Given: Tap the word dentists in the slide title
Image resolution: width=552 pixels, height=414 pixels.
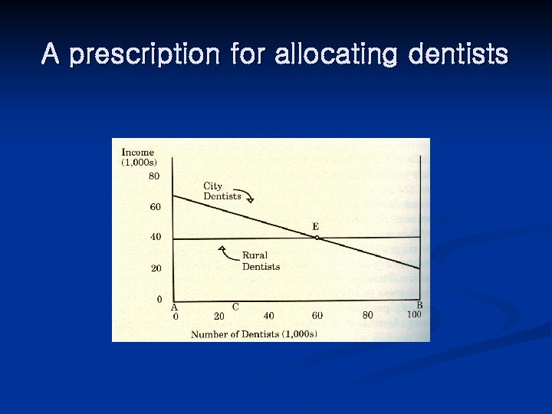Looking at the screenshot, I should tap(458, 54).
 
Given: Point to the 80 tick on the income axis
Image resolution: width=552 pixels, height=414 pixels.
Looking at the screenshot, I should tap(155, 176).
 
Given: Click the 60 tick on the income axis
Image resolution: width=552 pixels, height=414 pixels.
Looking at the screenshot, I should tap(155, 207).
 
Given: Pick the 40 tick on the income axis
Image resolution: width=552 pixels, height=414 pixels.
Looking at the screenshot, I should tap(155, 237).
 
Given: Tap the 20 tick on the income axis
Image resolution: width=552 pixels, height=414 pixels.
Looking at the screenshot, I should tap(155, 268).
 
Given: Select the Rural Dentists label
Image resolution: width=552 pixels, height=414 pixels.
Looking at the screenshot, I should tap(261, 261).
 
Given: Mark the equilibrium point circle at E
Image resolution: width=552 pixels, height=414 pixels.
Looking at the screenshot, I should tap(317, 238).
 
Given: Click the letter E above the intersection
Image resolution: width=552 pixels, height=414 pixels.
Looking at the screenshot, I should tap(315, 226).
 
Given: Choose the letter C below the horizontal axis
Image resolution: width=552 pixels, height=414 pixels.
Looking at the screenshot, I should tap(235, 307).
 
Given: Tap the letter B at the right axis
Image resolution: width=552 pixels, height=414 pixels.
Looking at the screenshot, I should tap(419, 305).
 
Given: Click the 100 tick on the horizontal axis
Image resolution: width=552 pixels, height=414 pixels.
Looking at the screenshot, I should tap(414, 314).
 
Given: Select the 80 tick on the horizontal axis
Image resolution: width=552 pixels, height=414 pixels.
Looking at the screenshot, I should tap(368, 315).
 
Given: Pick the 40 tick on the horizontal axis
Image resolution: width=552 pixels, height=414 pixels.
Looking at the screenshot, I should tap(268, 316).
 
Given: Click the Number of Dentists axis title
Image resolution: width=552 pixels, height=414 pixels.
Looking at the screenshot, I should tap(254, 333).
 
